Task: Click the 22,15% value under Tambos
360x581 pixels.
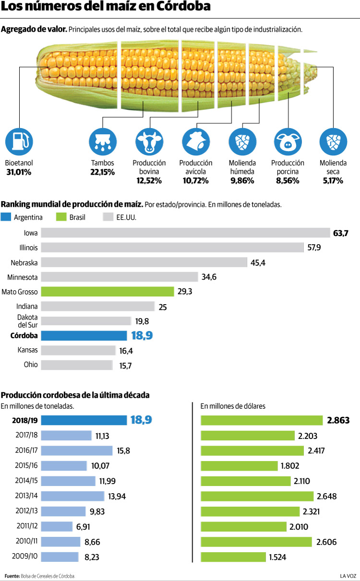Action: (x=102, y=172)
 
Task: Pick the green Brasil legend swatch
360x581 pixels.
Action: (x=61, y=217)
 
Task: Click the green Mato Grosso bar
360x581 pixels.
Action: (x=107, y=292)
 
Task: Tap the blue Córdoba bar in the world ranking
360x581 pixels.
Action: (x=83, y=335)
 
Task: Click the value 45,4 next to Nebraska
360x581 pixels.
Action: (x=258, y=262)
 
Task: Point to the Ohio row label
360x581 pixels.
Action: (x=31, y=365)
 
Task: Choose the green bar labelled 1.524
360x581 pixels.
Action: (x=233, y=557)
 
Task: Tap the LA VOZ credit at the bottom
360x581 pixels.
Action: (x=348, y=575)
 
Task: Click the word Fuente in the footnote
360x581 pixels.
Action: (x=12, y=575)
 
